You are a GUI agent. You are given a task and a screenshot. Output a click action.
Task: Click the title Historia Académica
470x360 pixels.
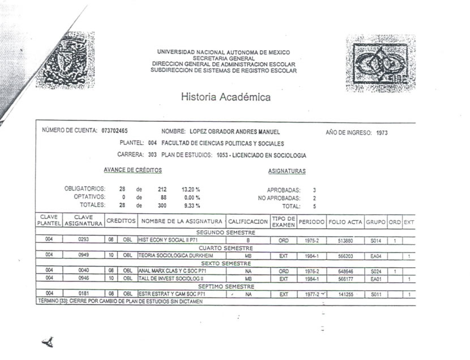tap(225, 97)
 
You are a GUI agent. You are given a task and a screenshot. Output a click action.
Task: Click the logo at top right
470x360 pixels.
tap(381, 63)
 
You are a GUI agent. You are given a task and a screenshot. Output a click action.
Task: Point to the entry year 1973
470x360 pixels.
tap(382, 132)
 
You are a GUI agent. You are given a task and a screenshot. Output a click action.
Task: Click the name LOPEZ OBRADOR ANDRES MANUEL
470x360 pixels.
tap(235, 131)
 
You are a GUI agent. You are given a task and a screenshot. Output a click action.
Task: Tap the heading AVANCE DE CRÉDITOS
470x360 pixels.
tap(133, 170)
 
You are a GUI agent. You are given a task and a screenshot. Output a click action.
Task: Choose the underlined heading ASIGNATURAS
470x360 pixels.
tap(287, 171)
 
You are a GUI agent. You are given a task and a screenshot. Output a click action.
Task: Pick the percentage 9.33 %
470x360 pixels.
tap(190, 205)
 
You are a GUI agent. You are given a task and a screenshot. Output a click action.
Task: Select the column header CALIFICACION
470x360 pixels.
tap(247, 222)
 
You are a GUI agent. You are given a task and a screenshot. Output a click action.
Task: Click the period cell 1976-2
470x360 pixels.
tap(311, 271)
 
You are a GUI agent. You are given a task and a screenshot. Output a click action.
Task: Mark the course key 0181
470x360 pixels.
tap(84, 294)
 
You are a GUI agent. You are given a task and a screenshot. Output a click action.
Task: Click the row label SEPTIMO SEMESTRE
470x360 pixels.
tap(225, 286)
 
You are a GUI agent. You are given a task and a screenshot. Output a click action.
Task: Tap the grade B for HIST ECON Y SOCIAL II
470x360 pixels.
tap(248, 240)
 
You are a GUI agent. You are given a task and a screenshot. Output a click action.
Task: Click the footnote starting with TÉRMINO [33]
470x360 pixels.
tap(120, 302)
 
